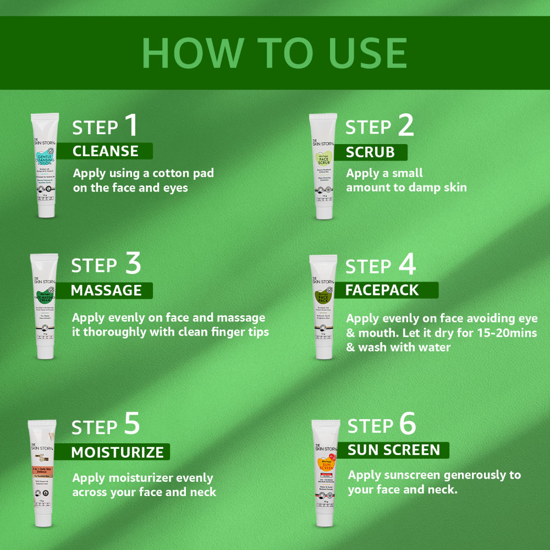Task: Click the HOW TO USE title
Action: click(x=274, y=53)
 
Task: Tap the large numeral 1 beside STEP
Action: click(x=131, y=125)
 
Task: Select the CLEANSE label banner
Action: click(x=106, y=151)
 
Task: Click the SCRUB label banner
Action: click(x=370, y=152)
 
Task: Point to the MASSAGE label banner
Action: click(x=106, y=290)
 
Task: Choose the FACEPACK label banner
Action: click(x=382, y=290)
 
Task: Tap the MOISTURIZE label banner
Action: click(x=117, y=452)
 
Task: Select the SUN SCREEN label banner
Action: click(x=394, y=450)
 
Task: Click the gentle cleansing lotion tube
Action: click(x=44, y=165)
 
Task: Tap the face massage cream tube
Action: click(x=44, y=306)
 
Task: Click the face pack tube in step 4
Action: click(x=323, y=306)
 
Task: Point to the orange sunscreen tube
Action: click(x=325, y=473)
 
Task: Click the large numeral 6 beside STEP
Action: click(x=408, y=424)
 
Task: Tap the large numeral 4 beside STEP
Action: click(x=406, y=265)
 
